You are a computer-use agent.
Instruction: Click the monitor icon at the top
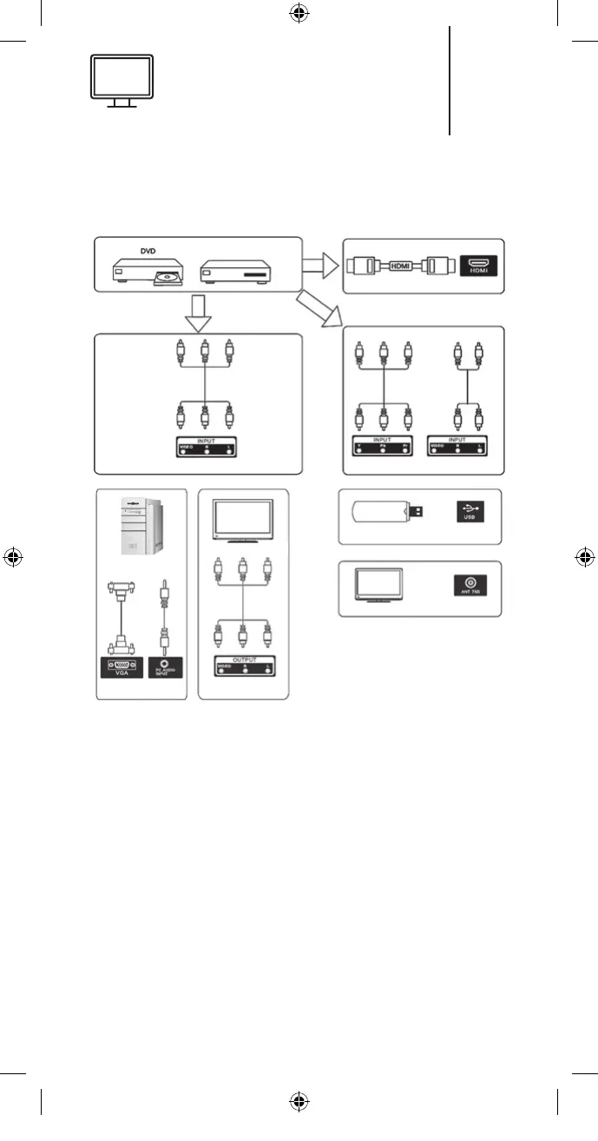(122, 81)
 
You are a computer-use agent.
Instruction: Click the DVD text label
(153, 251)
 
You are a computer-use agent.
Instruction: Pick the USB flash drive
(387, 512)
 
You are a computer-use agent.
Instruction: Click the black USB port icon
(469, 512)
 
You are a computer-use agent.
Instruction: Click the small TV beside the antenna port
(379, 586)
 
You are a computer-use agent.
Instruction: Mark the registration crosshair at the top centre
(299, 12)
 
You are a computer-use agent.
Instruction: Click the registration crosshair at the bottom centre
(299, 1101)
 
